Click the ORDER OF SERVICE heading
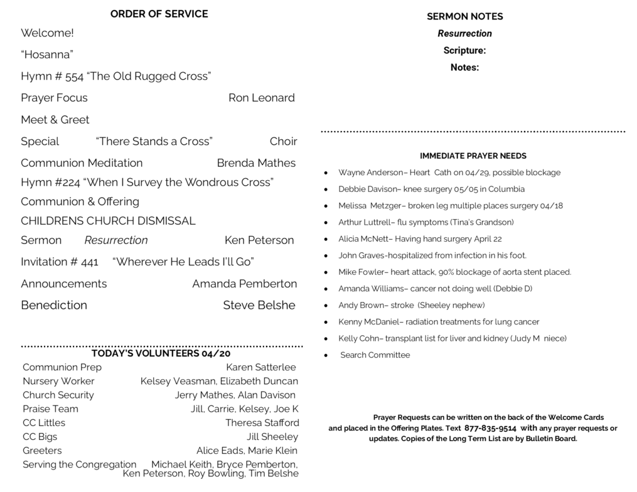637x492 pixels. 159,14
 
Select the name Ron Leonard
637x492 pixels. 261,98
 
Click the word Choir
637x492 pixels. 283,141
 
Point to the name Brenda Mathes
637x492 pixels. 256,163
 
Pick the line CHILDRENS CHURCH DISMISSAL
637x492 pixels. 108,221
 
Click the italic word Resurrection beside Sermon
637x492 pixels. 116,240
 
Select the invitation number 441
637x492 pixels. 90,262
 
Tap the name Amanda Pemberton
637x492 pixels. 244,284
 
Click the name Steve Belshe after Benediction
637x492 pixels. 259,306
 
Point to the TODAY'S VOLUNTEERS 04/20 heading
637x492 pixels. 161,353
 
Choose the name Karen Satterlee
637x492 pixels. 260,367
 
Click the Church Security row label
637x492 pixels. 58,395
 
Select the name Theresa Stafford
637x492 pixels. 262,423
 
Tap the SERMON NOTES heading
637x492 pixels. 464,17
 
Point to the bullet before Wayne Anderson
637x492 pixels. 326,173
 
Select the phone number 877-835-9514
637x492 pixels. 490,428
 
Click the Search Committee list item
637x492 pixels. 375,355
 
